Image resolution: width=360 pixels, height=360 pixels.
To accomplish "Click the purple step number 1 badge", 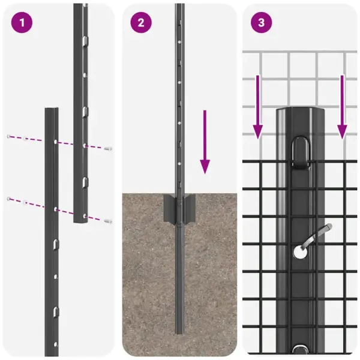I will coord(22,23).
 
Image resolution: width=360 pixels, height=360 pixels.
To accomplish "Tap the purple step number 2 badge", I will coord(141,23).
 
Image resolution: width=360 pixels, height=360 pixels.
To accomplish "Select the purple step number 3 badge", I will coord(261,23).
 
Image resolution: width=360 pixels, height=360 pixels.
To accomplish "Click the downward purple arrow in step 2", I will coord(205,142).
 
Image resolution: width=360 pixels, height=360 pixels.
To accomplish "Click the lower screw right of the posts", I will coord(107,220).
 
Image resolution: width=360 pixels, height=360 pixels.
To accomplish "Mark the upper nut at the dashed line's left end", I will coord(8,137).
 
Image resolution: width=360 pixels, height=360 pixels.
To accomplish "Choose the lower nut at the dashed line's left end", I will coord(8,198).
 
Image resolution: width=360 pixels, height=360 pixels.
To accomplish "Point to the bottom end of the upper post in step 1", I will coord(81,221).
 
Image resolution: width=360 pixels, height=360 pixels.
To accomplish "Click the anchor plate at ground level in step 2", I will coord(179,206).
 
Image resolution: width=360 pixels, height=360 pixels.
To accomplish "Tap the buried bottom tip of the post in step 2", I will coord(179,331).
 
